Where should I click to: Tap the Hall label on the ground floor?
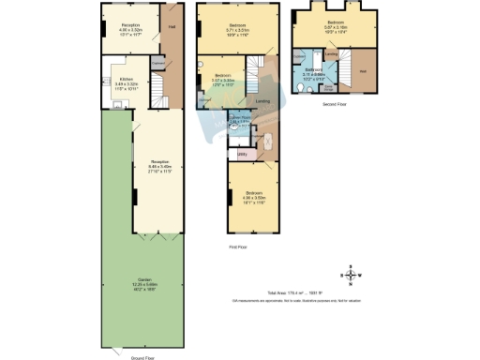point(172,27)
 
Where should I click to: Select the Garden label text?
point(143,279)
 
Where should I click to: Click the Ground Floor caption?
point(143,357)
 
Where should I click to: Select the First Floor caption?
point(239,247)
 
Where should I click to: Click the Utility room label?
point(242,153)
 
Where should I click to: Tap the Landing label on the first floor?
point(263,102)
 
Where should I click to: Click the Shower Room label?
point(240,119)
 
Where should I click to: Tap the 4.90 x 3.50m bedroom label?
point(255,197)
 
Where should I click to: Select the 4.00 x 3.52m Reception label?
point(130,29)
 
